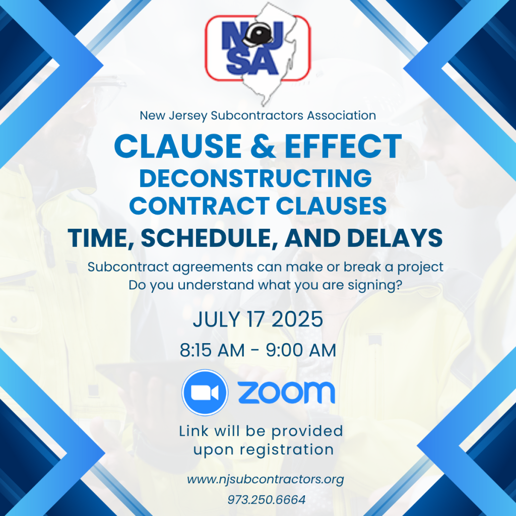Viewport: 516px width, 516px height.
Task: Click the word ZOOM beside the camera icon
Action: (286, 393)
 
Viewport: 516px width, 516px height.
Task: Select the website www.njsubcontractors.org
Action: (266, 479)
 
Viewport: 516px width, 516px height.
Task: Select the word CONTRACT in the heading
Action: (192, 206)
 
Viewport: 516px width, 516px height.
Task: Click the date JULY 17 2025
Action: (257, 319)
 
